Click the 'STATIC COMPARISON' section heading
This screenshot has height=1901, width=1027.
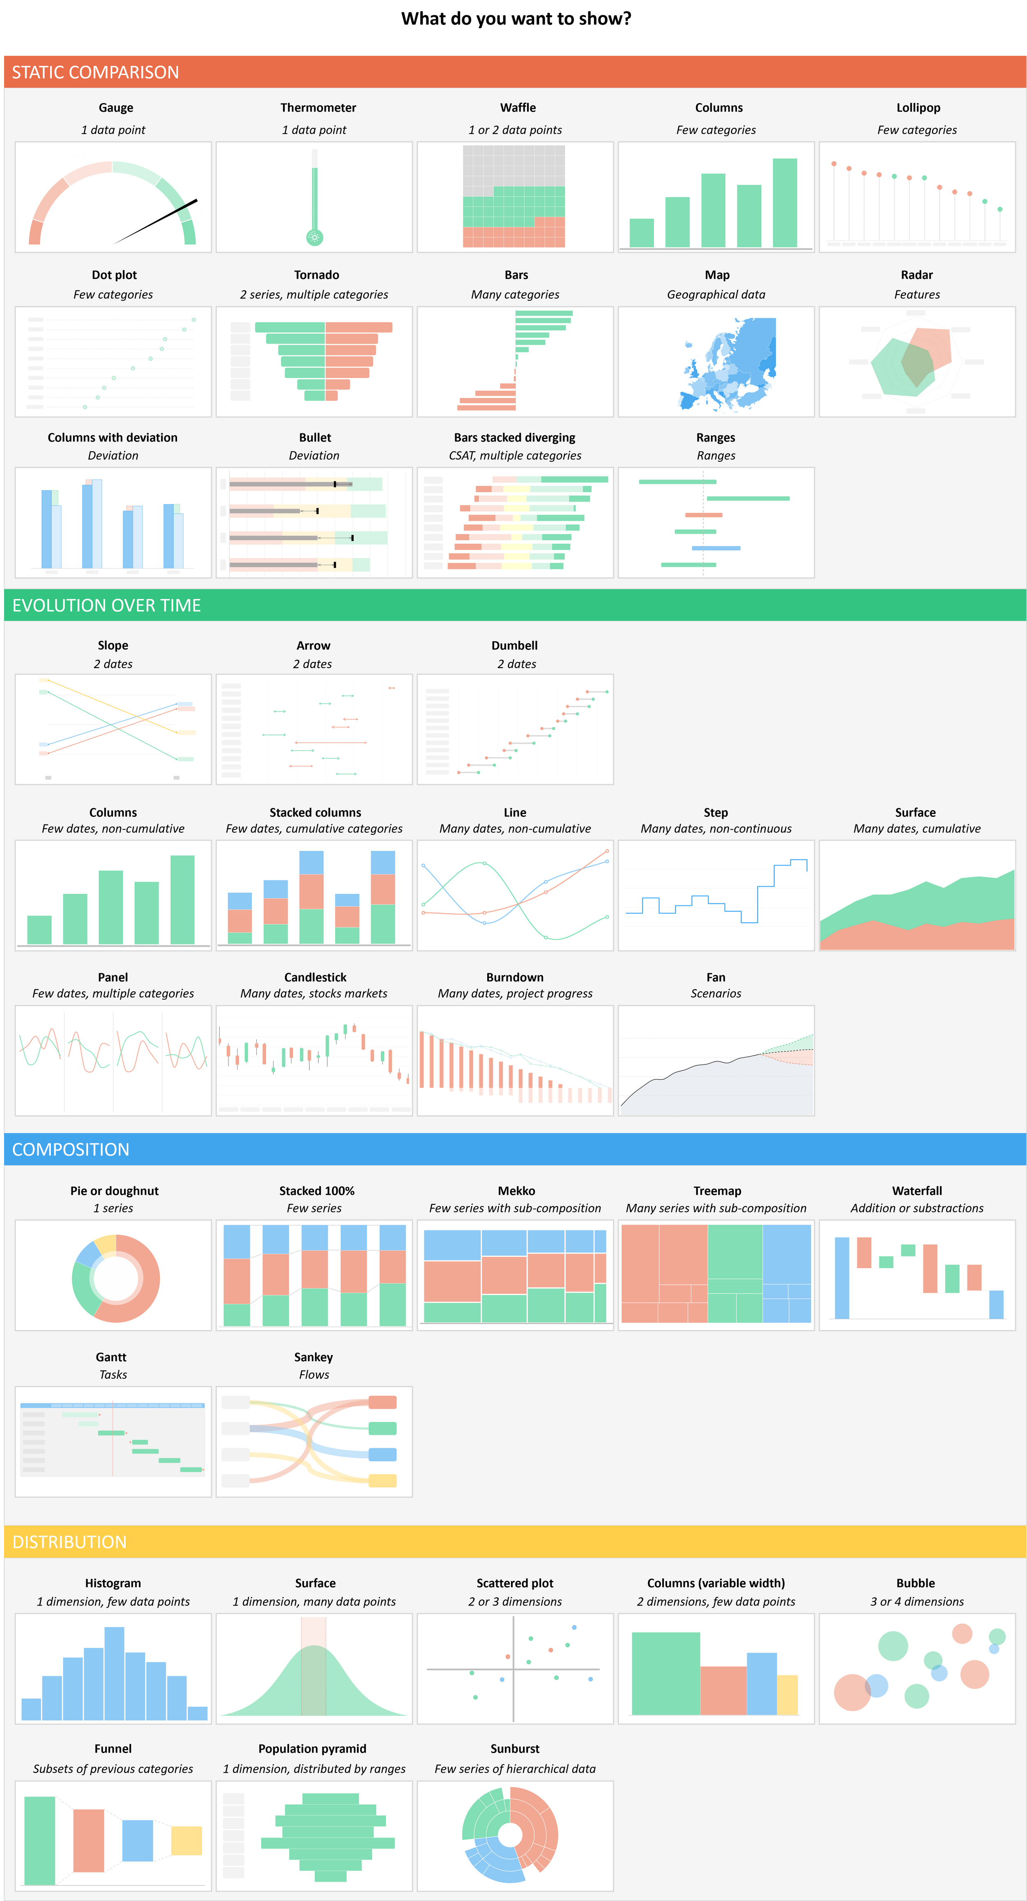(x=95, y=72)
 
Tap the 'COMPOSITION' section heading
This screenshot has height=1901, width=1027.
(x=71, y=1149)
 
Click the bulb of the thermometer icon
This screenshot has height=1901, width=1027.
(x=314, y=237)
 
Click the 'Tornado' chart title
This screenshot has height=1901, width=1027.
(x=316, y=274)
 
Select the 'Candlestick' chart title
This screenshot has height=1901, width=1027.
(x=315, y=977)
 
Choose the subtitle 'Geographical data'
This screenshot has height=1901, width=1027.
(x=716, y=295)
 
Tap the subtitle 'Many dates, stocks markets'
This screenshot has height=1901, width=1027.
(x=313, y=993)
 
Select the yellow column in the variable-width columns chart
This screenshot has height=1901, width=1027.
(x=787, y=1695)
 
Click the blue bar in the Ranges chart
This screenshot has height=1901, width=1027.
(x=716, y=548)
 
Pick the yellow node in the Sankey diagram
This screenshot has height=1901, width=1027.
(x=382, y=1480)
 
